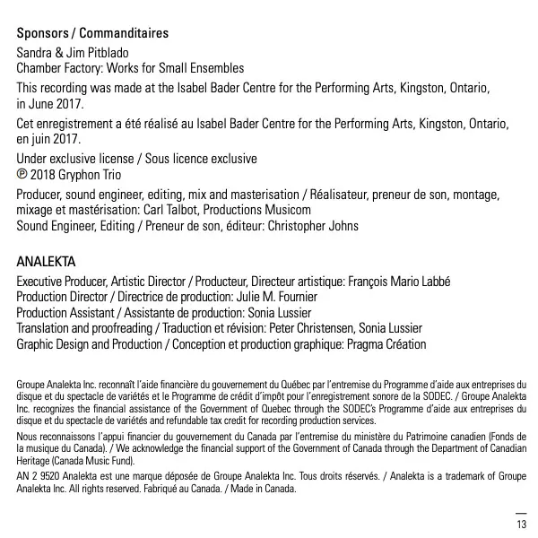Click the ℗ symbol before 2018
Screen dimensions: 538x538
[x=22, y=175]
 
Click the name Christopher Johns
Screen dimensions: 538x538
[x=313, y=226]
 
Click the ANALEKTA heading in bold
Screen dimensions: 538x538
[x=47, y=262]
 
